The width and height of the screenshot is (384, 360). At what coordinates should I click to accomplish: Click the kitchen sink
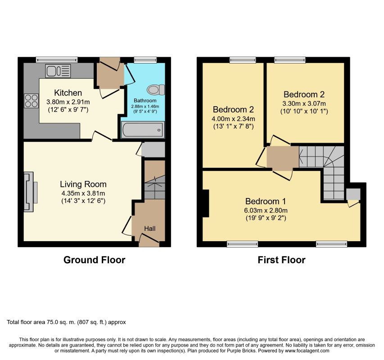tap(58, 71)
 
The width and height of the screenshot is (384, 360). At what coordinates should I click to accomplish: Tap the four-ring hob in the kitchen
tap(32, 101)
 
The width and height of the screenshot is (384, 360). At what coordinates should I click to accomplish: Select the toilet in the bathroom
tap(156, 90)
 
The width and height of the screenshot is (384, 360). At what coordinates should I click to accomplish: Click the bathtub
tap(143, 130)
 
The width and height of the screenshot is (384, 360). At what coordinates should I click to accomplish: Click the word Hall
tap(149, 229)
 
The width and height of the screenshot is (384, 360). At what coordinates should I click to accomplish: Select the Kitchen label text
tap(68, 93)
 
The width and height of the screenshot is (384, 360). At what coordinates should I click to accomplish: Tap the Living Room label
tap(83, 184)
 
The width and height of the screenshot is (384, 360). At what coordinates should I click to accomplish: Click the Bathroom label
tap(145, 100)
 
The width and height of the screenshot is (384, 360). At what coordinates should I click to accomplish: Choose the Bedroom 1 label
tap(266, 201)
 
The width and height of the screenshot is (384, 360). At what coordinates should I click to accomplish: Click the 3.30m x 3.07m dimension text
tap(304, 103)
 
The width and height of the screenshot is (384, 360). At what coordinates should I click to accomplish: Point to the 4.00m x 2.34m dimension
tap(233, 119)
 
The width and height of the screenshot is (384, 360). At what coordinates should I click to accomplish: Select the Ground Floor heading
tap(94, 260)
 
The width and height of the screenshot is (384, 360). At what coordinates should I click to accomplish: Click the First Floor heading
tap(281, 260)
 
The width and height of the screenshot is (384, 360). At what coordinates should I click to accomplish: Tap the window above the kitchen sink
tap(57, 60)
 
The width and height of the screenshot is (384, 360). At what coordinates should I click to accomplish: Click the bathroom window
tap(145, 60)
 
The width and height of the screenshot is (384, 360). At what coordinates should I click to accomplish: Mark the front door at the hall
tap(149, 240)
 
